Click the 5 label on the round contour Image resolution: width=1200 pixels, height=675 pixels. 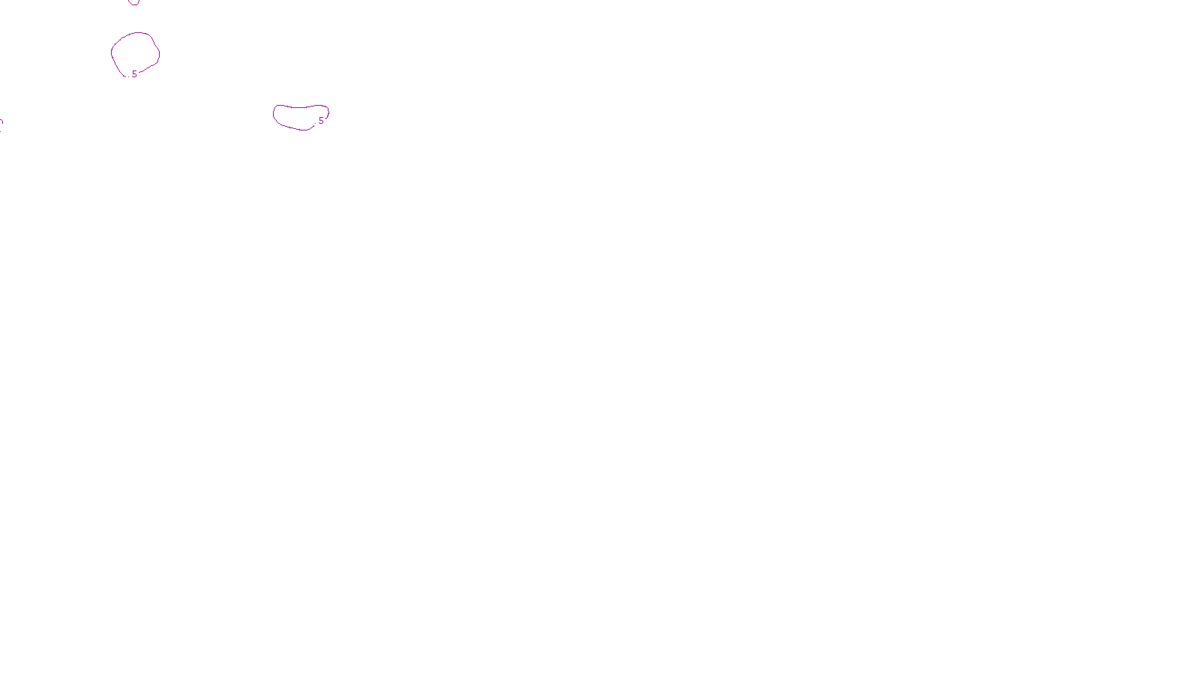pyautogui.click(x=134, y=74)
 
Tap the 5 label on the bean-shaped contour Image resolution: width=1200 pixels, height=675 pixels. pyautogui.click(x=321, y=121)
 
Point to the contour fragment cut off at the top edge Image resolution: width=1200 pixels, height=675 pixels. pyautogui.click(x=134, y=2)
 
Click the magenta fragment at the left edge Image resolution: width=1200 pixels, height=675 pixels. pyautogui.click(x=1, y=124)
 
